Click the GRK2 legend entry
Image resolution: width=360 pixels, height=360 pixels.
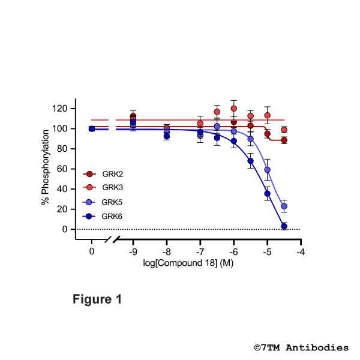(107, 174)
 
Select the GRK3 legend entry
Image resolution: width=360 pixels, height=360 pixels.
(107, 188)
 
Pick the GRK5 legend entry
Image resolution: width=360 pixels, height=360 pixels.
(107, 202)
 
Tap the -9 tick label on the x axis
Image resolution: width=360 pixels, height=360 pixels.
(133, 251)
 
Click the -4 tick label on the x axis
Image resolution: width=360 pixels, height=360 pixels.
(300, 251)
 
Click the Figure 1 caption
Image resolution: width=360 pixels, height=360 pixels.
(97, 299)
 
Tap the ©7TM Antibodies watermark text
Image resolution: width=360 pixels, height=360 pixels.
(301, 347)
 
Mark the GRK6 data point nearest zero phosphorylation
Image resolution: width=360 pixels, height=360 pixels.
(284, 226)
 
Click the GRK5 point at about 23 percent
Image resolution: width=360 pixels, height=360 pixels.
(284, 206)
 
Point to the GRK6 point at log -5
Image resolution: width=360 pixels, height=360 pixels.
(267, 193)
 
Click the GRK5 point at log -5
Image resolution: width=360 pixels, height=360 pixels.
(267, 170)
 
